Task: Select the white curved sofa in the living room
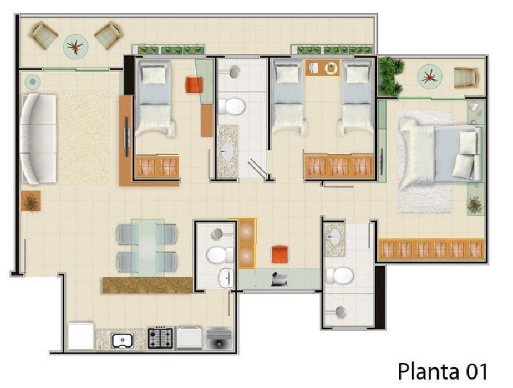(38, 139)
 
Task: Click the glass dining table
(148, 247)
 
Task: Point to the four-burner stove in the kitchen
(160, 338)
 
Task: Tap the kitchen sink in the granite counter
(122, 340)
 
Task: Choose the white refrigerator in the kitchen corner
(80, 336)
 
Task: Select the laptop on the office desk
(279, 279)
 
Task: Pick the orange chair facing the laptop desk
(280, 254)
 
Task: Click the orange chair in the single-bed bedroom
(194, 85)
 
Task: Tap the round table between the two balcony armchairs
(75, 45)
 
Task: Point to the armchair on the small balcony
(466, 78)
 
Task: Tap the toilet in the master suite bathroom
(341, 275)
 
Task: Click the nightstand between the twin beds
(323, 68)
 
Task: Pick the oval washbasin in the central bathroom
(227, 151)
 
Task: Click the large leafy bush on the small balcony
(390, 76)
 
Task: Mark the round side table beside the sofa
(32, 81)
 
